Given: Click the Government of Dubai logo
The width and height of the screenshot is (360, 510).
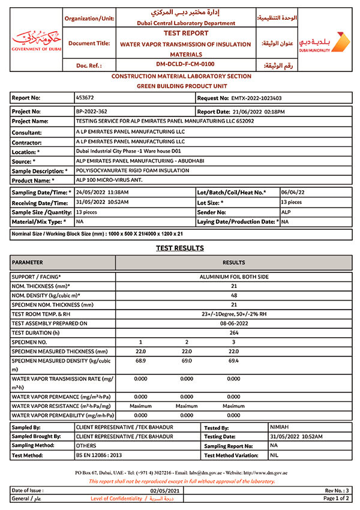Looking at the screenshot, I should tap(36, 40).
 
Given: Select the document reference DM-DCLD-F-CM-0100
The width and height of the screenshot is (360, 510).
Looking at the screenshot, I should tap(185, 64).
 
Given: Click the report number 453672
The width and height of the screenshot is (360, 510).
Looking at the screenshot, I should tap(85, 97).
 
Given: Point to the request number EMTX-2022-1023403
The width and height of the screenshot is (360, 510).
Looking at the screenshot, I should tap(256, 97).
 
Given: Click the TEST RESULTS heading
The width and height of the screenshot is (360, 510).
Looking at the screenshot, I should tap(180, 248).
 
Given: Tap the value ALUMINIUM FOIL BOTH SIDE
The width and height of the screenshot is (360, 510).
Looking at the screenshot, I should tap(234, 277).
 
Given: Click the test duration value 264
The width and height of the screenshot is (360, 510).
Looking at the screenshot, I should tap(234, 333).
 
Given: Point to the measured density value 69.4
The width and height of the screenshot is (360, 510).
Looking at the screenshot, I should tap(234, 361).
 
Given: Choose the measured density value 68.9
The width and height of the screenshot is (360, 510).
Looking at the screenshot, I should tap(140, 361).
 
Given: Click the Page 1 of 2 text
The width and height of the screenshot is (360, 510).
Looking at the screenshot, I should tap(337, 499).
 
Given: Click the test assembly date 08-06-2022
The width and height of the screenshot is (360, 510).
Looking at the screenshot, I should tap(234, 323).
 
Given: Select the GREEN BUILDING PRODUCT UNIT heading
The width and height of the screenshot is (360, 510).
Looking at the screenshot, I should tap(181, 86).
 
